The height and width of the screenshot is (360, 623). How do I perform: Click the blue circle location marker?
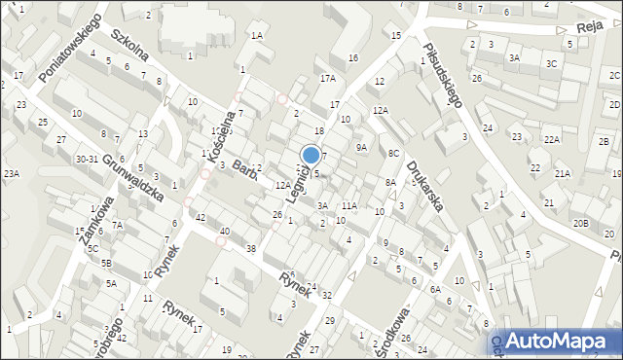[x=311, y=154]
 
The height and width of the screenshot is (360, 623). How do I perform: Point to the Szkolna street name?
[x=128, y=46]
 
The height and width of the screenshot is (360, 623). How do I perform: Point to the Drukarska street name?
[x=426, y=186]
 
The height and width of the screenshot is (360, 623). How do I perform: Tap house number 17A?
[x=327, y=79]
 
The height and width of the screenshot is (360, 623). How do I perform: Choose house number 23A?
[x=11, y=173]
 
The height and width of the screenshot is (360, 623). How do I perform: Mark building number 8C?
[x=393, y=154]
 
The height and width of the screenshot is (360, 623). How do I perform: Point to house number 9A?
[x=361, y=147]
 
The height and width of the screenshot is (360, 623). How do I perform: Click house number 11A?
[x=348, y=206]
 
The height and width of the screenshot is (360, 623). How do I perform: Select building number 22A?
[x=552, y=140]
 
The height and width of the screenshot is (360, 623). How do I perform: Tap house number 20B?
[x=580, y=223]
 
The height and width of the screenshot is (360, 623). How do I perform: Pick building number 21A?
[x=562, y=173]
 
